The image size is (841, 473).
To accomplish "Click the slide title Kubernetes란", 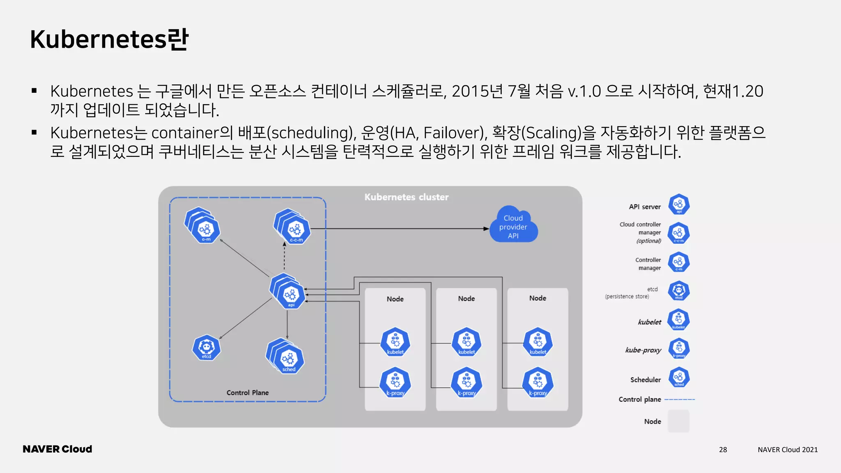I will pos(109,39).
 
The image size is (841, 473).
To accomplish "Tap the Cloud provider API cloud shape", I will pos(513,226).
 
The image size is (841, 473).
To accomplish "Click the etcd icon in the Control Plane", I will pos(207,348).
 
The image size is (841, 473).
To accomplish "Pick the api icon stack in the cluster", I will pos(289,292).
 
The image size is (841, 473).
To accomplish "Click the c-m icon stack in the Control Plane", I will pos(203,226).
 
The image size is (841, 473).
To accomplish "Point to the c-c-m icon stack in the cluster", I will pos(293,227).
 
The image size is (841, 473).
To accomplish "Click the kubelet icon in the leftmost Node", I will pos(395,342).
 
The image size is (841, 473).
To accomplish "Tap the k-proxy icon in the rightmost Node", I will pos(538,383).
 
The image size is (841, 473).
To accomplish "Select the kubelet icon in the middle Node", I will pos(466,342).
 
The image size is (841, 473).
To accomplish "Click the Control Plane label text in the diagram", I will pos(248,393).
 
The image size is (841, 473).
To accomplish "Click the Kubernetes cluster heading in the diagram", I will pos(406,197).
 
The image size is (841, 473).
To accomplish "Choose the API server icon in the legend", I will pos(679,204).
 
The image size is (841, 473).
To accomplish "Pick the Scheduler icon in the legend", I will pos(679,378).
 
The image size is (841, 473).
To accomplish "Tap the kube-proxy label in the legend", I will pos(643,350).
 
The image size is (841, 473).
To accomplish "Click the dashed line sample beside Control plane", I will pos(680,400).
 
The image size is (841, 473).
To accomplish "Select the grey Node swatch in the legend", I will pos(678,421).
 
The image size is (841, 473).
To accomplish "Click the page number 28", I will pos(723,450).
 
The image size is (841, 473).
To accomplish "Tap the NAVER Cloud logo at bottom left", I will pos(57,449).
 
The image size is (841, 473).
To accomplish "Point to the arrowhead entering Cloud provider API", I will pos(487,229).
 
